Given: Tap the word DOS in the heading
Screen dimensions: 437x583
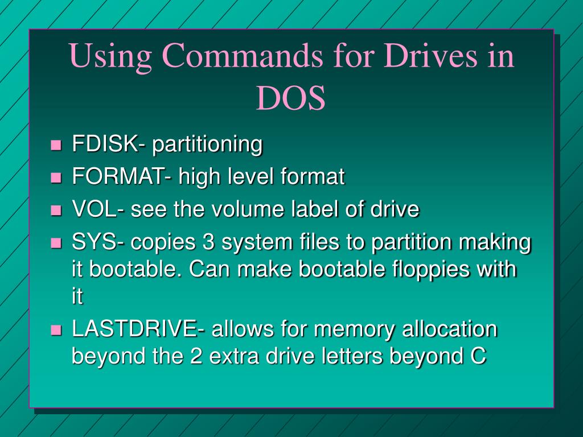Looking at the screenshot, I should pos(291,98).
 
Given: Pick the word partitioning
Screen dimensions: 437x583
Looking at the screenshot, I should pos(207,145).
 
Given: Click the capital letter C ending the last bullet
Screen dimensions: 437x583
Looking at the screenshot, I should pos(478,356).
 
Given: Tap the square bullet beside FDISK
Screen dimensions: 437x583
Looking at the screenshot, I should pos(56,145).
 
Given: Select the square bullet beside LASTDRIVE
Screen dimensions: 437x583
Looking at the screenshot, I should pos(56,329).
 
